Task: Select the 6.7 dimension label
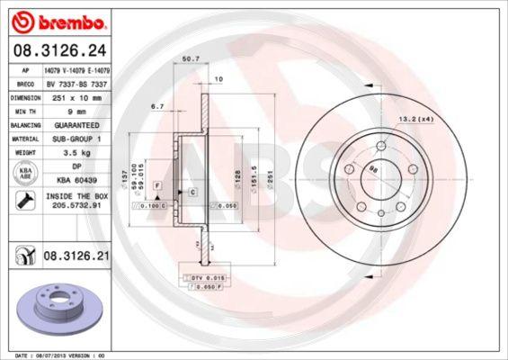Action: click(156, 105)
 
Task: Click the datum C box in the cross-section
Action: click(192, 193)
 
